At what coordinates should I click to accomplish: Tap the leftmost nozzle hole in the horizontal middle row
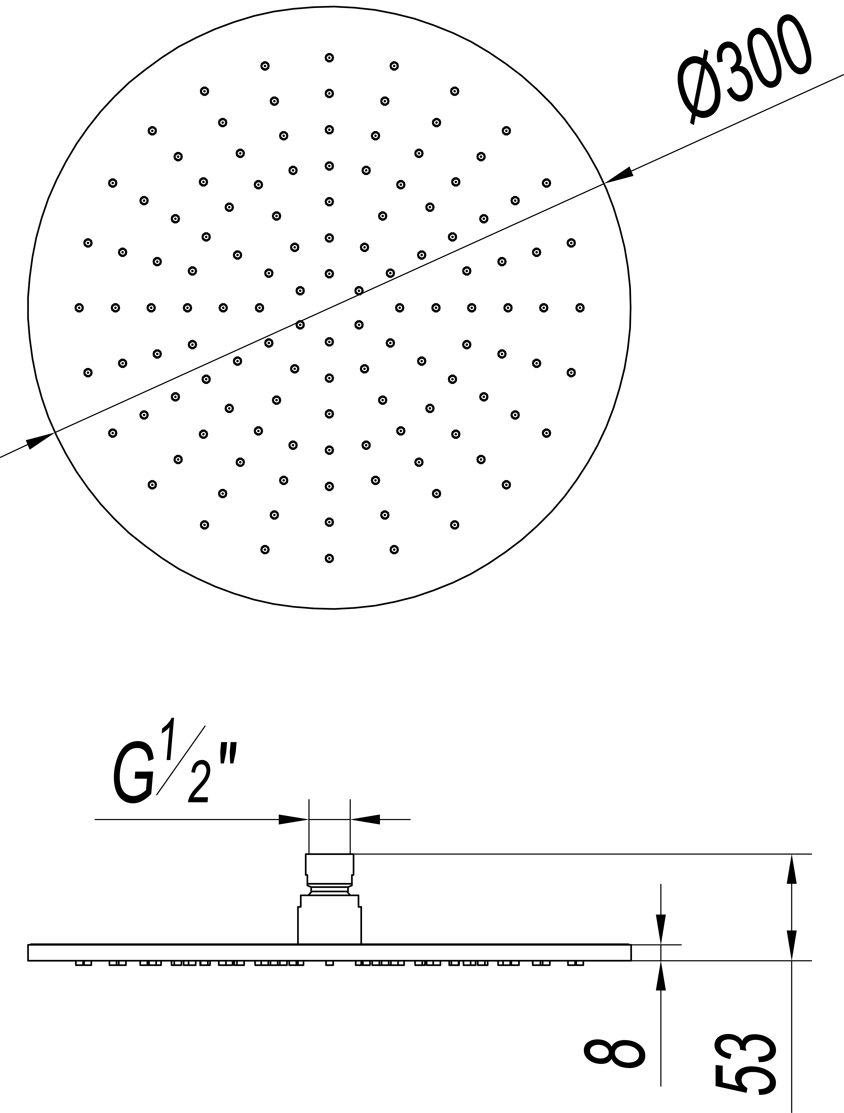tap(79, 307)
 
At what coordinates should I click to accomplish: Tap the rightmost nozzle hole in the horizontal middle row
tap(580, 307)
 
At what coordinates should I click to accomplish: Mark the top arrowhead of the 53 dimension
tap(792, 869)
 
